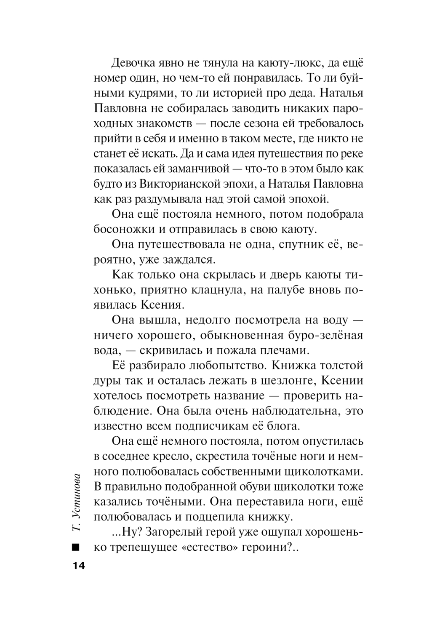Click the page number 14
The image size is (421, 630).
78,565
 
